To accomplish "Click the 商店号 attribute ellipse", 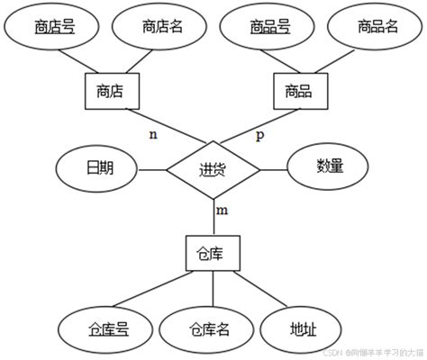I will pyautogui.click(x=55, y=28).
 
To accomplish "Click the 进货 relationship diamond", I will pyautogui.click(x=213, y=168).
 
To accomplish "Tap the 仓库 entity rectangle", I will pyautogui.click(x=213, y=256).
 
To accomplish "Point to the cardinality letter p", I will pyautogui.click(x=260, y=136).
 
